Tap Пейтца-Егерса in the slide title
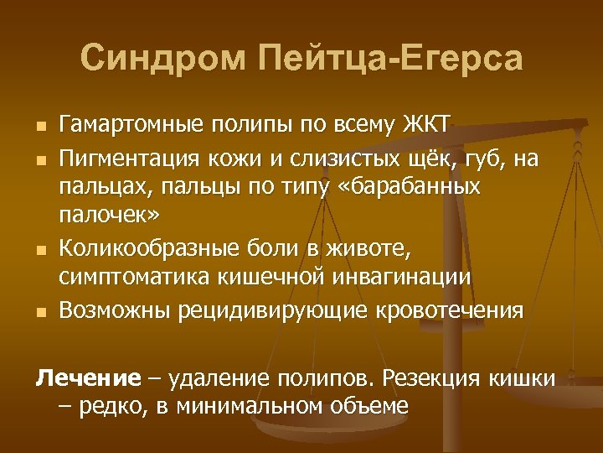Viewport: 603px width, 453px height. point(392,60)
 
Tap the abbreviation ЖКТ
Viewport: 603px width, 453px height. point(426,126)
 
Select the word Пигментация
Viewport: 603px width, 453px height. point(138,159)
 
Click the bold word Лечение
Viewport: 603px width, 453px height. point(88,378)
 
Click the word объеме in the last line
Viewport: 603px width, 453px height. point(374,407)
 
